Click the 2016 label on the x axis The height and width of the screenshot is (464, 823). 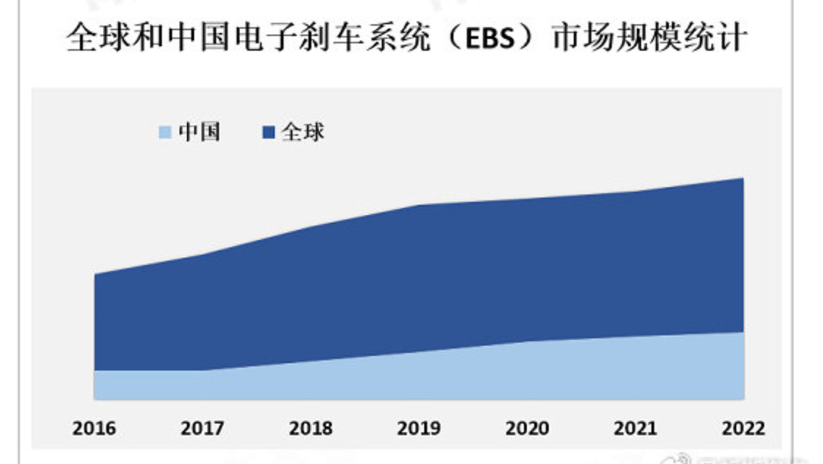pos(95,429)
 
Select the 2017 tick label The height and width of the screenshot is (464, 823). pos(203,429)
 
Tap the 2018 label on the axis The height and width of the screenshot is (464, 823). pos(311,429)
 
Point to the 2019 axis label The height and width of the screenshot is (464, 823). pos(420,429)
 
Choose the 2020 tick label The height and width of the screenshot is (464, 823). pos(528,429)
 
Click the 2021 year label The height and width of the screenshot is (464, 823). pos(636,429)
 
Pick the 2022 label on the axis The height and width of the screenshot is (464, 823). pos(744,429)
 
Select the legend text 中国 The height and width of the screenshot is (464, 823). pos(199,132)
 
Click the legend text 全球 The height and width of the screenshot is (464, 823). pos(303,132)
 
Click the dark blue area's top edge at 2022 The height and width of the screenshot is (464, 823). pos(743,179)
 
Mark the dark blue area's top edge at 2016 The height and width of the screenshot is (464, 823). pos(95,275)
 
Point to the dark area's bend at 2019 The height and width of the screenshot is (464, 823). pos(420,206)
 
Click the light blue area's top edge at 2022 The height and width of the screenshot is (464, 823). pos(743,333)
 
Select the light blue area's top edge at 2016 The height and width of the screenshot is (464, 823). pos(95,371)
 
